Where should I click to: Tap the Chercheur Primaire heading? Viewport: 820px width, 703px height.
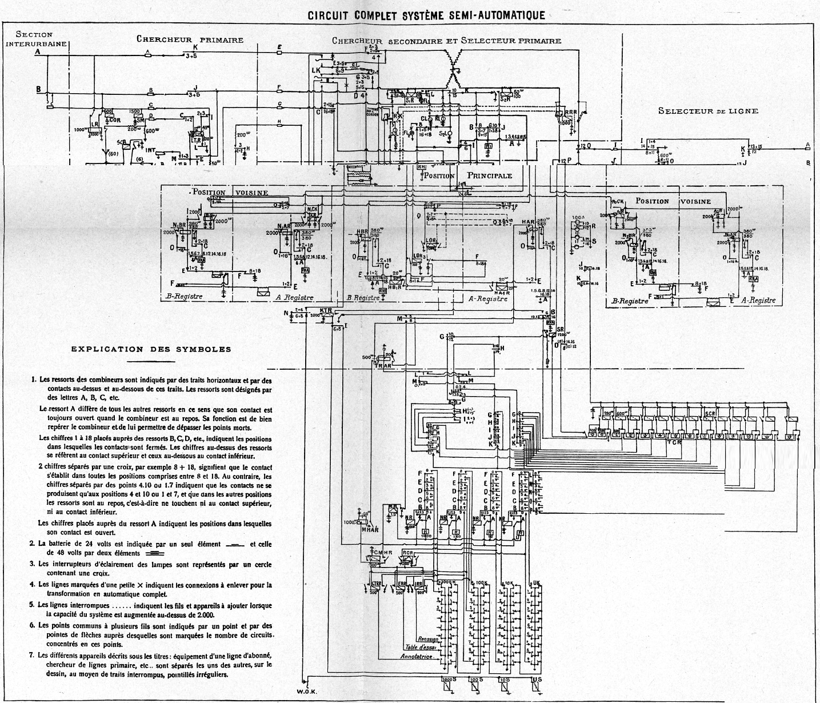[x=190, y=39]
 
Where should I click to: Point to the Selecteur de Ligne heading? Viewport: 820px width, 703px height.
[x=708, y=110]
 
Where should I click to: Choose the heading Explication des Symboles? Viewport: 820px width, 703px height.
[x=151, y=349]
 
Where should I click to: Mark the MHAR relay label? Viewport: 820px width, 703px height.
[x=370, y=530]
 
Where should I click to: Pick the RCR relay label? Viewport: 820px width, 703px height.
[x=407, y=553]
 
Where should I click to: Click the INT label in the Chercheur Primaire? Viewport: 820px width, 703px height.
[x=151, y=150]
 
